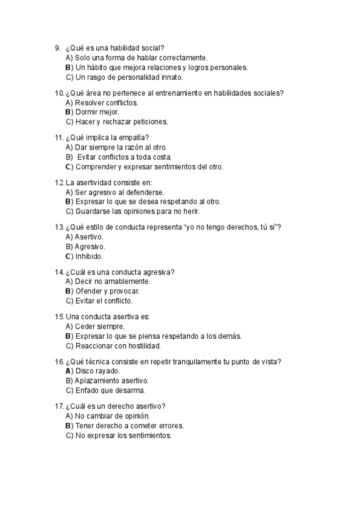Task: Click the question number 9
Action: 57,48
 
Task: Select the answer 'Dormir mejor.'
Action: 97,112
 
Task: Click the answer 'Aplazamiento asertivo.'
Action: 112,381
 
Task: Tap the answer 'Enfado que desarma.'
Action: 106,390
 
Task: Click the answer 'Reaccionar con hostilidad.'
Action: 117,345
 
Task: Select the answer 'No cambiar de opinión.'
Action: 112,416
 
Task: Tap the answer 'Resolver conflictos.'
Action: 106,102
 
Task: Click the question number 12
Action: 59,182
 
